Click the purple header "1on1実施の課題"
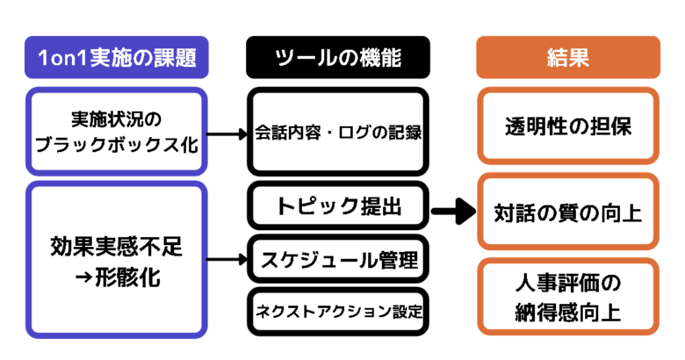[x=117, y=57]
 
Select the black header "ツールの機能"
[x=338, y=57]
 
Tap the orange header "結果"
[x=568, y=57]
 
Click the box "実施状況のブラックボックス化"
[x=117, y=132]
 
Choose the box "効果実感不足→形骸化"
[x=117, y=260]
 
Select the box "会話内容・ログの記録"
[x=338, y=132]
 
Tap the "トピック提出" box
[x=338, y=205]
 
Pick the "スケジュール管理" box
[x=338, y=259]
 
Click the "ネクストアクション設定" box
[x=338, y=312]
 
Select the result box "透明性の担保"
[x=568, y=126]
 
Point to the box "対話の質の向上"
[x=568, y=212]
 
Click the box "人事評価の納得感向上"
[x=568, y=297]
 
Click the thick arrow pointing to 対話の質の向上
[x=453, y=212]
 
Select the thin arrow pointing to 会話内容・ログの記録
[x=227, y=134]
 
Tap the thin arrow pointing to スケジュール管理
[x=227, y=260]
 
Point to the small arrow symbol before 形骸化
[x=83, y=277]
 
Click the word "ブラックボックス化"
[x=117, y=145]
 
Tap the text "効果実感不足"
[x=117, y=247]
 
